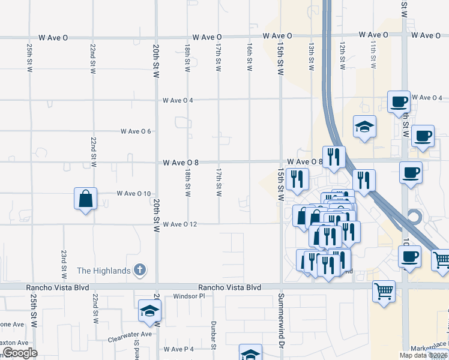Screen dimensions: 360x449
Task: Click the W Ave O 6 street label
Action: point(136,131)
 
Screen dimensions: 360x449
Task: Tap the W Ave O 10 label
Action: point(134,193)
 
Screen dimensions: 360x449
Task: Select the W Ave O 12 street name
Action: point(179,224)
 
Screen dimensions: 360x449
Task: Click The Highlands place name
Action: point(104,271)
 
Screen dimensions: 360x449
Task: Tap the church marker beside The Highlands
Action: point(139,271)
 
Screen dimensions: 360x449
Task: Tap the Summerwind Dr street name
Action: point(280,321)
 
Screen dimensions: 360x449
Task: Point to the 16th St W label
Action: point(249,57)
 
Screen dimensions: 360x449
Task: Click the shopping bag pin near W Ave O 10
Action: point(85,199)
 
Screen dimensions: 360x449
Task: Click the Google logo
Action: point(19,353)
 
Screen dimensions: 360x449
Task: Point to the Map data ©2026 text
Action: point(424,355)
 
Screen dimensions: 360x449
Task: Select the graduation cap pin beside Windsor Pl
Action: point(149,310)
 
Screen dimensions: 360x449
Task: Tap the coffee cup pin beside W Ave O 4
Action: point(398,102)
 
